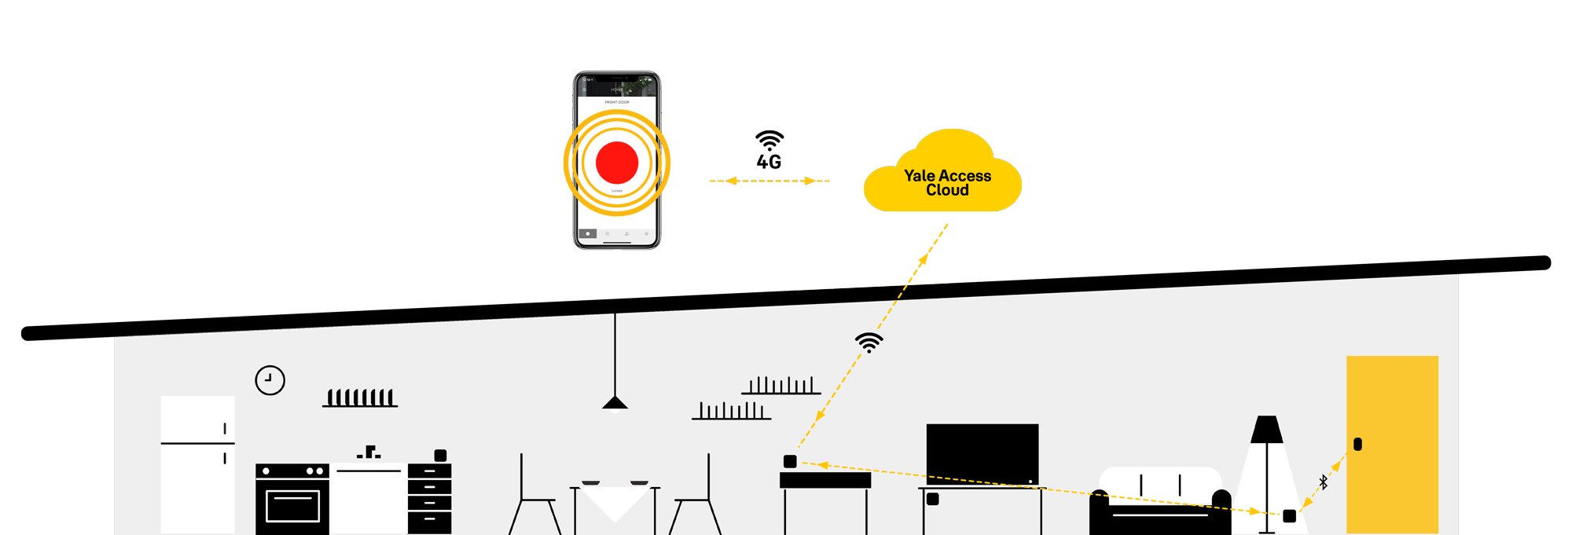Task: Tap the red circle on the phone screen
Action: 617,163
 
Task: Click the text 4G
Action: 769,162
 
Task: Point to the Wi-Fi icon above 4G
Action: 769,140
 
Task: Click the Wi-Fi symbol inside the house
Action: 869,342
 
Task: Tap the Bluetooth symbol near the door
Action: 1324,482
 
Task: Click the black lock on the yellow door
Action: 1357,444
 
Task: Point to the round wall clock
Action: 270,380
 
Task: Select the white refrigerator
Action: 197,464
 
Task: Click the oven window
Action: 292,506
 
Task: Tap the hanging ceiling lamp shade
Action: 615,402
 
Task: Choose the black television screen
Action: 982,453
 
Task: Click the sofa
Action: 1159,503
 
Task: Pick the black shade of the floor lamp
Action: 1266,429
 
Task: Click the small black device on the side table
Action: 790,461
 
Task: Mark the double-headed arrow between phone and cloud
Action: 769,181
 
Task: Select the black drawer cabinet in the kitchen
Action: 429,498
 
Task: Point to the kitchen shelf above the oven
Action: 360,398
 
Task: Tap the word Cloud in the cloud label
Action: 946,190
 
